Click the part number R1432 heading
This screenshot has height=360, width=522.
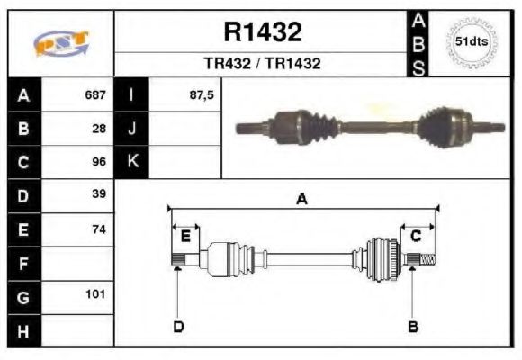(x=262, y=33)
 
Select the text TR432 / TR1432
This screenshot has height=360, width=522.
(x=262, y=65)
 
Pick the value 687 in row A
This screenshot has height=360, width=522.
(x=94, y=94)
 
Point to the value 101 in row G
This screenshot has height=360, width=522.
(x=95, y=294)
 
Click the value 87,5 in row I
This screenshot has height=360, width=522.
(x=202, y=94)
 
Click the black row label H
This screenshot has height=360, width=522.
(x=23, y=330)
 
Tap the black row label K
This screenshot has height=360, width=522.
(x=132, y=162)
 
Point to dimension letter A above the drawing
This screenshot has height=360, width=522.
(x=302, y=200)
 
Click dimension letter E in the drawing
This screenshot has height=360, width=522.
(x=185, y=237)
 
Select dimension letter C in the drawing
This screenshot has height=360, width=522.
(x=416, y=237)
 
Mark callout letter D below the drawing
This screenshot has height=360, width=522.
(x=178, y=326)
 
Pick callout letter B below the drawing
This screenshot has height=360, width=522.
(x=413, y=326)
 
